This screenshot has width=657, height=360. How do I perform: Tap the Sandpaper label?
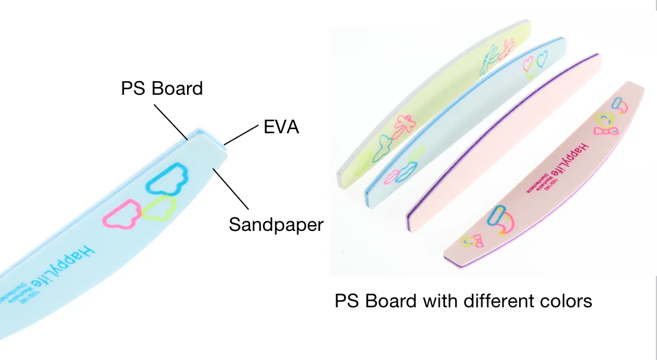point(276,224)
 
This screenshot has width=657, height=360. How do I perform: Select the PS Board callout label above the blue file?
point(162,88)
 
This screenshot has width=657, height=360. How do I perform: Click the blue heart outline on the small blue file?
point(542,59)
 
